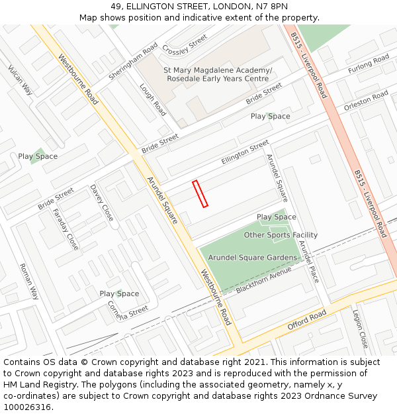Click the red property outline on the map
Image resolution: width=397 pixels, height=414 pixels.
point(200,194)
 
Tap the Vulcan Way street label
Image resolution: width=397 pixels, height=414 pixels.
point(20,80)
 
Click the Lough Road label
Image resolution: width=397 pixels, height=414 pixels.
point(152,99)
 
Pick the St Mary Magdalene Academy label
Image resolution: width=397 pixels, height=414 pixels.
point(218,70)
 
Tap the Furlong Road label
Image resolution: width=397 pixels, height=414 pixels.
point(369,64)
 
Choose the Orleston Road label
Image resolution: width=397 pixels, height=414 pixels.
point(366,101)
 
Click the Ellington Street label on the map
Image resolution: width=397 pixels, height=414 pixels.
point(245,152)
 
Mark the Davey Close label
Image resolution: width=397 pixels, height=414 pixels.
point(102,203)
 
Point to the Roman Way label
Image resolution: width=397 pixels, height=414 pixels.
point(29,282)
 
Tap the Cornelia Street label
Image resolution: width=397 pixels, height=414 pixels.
point(128,309)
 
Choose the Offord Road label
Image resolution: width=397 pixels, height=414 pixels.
point(307,321)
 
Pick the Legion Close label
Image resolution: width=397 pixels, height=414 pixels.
point(360,329)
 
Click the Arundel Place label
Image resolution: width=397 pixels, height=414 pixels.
point(308,261)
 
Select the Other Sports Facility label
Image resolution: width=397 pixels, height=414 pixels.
point(281,235)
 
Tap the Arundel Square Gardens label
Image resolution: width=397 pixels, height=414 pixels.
point(253,257)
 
